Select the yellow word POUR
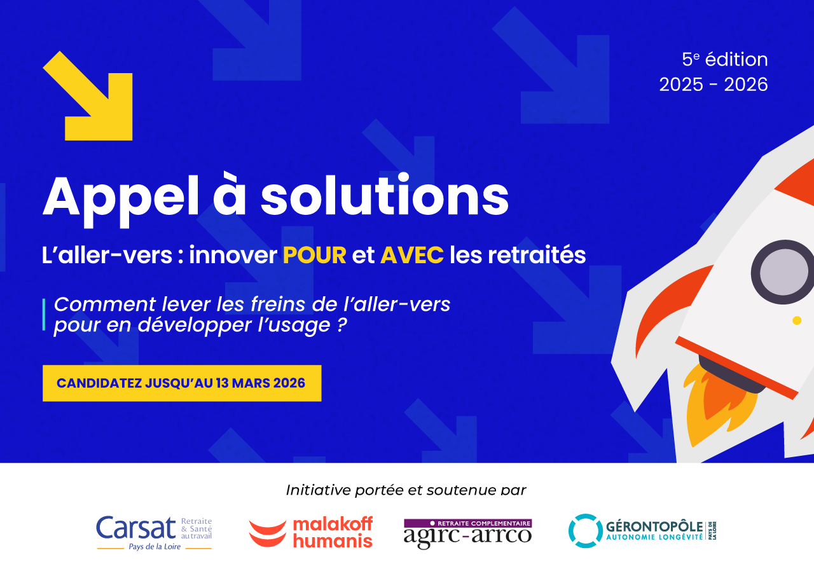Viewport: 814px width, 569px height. click(314, 256)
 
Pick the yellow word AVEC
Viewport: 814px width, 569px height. click(411, 256)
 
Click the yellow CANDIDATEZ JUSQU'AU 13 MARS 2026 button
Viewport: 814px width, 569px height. click(181, 383)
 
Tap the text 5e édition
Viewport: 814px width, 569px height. click(724, 60)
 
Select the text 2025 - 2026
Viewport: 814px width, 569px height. click(713, 85)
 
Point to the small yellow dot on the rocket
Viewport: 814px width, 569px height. click(797, 320)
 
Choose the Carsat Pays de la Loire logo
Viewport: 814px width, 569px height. click(154, 531)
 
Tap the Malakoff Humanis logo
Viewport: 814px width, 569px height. click(310, 532)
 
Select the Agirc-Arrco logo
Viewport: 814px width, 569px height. click(467, 532)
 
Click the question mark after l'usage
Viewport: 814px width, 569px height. click(341, 326)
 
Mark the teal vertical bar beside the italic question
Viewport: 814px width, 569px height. click(44, 314)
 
